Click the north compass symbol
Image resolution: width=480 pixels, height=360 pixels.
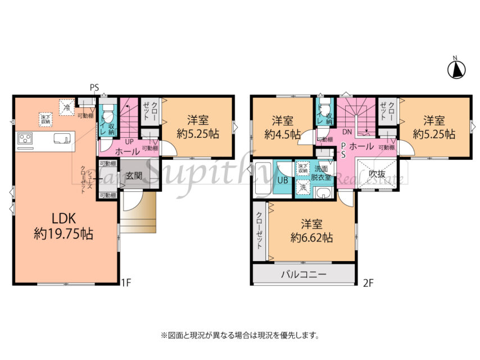pos(456,69)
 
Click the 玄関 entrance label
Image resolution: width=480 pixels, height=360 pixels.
pos(133,175)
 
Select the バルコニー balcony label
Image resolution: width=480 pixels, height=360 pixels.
pos(304,275)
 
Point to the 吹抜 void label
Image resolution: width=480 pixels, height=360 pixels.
pos(377,174)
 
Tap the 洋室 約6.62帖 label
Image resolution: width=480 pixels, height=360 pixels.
pos(311,231)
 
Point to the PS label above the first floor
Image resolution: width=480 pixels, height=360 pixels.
pos(94,87)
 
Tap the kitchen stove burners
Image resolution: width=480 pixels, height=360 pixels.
pos(26,138)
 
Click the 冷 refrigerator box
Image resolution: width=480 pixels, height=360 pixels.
pos(67,106)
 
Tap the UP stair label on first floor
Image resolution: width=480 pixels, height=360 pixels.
pos(129,142)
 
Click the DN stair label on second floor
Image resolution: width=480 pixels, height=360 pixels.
pos(347,131)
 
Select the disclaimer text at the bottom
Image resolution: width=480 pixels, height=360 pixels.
pos(240,335)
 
